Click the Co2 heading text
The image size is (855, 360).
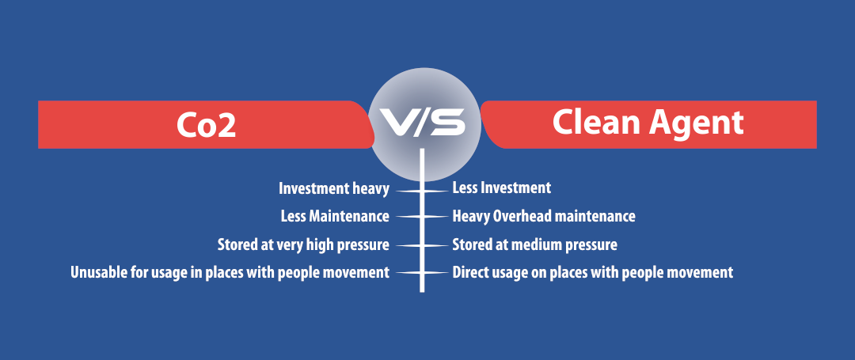click(x=206, y=125)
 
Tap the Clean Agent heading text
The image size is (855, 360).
click(x=648, y=123)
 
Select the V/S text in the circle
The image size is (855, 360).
click(x=423, y=122)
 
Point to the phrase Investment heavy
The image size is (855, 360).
click(x=334, y=189)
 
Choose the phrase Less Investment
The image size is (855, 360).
click(x=502, y=188)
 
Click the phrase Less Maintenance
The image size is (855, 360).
click(x=335, y=216)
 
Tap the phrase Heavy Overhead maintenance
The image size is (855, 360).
click(x=544, y=217)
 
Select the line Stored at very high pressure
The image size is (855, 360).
click(x=303, y=245)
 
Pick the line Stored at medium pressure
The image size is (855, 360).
click(x=535, y=245)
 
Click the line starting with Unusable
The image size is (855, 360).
click(x=230, y=272)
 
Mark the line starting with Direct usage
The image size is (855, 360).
click(x=593, y=272)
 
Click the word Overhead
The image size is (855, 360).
click(x=523, y=216)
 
